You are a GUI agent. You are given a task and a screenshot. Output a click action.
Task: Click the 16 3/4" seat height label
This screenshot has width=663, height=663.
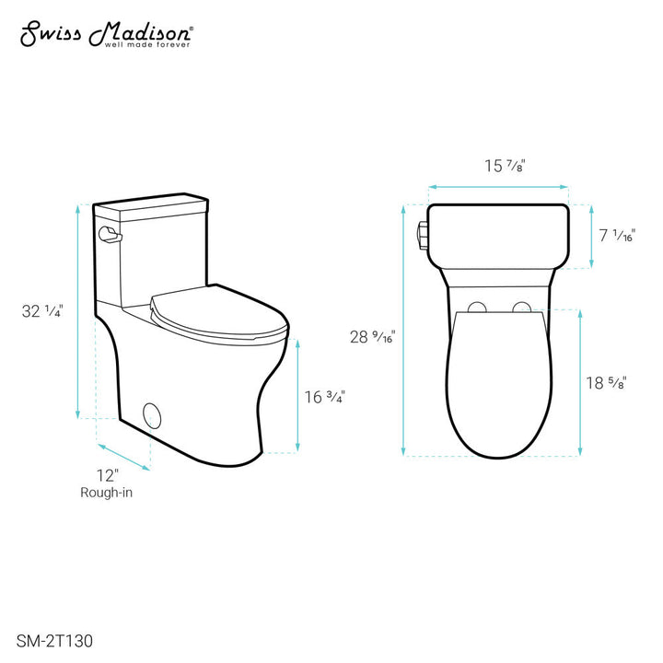325,397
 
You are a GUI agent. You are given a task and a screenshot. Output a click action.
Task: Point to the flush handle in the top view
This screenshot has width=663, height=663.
424,235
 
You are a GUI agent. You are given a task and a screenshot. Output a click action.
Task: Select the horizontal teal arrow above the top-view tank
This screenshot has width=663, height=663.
497,187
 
